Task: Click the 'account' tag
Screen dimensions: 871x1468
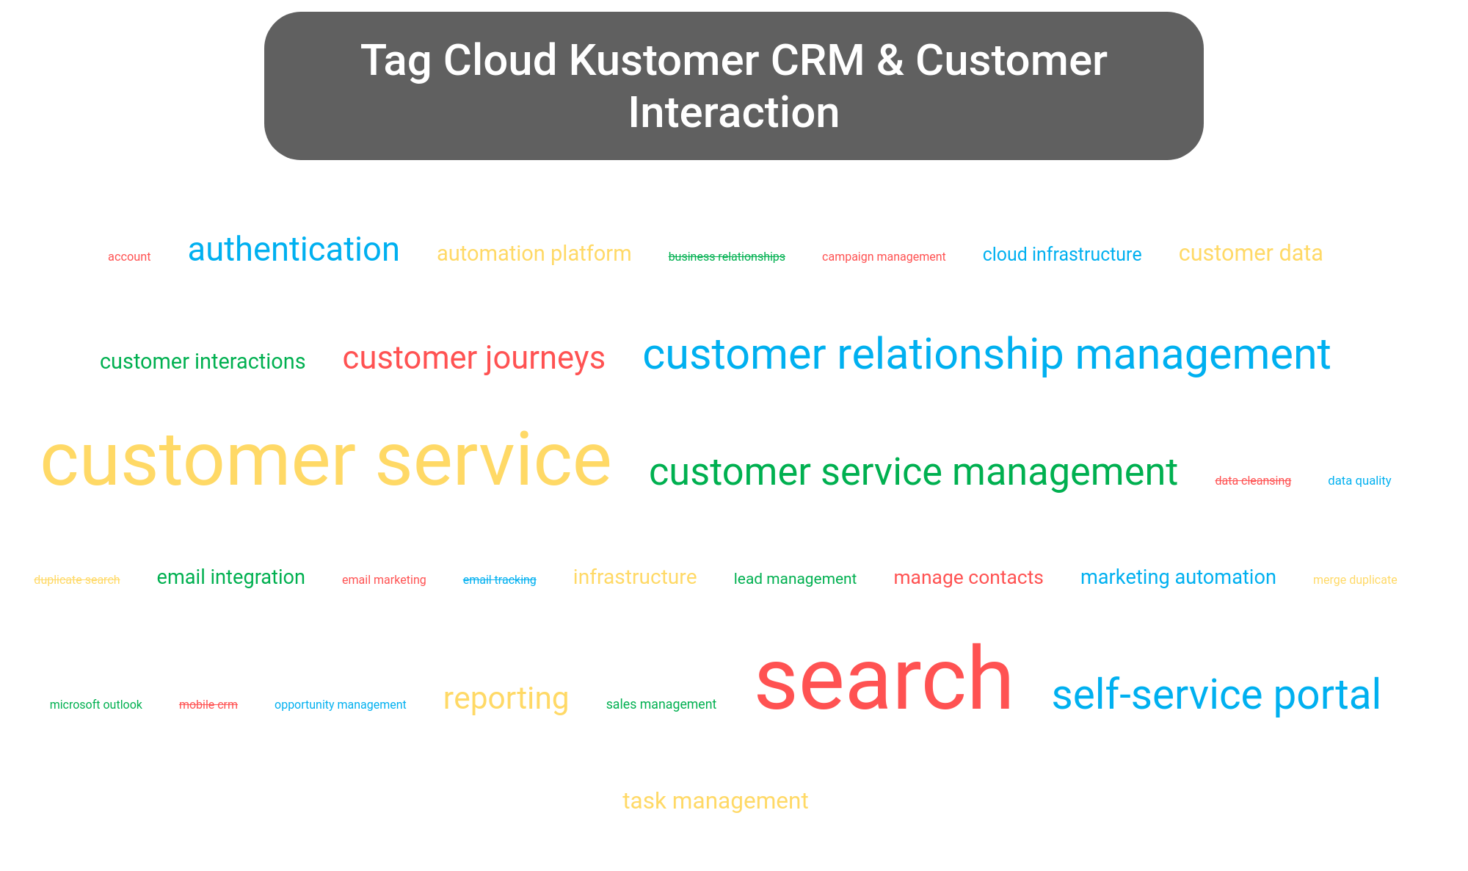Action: tap(129, 257)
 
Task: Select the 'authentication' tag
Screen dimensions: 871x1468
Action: tap(294, 250)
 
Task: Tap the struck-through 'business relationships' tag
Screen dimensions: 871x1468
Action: tap(727, 257)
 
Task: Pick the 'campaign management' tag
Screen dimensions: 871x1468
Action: tap(884, 257)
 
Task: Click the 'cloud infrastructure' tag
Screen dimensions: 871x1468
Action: tap(1062, 255)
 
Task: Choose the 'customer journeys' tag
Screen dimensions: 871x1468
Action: tap(474, 358)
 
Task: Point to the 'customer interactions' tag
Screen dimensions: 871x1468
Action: tap(203, 361)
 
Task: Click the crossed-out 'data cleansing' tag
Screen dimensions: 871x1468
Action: tap(1253, 481)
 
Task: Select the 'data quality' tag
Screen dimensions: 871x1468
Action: tap(1359, 481)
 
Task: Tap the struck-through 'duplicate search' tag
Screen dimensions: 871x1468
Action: tap(77, 580)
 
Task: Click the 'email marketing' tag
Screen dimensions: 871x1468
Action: tap(384, 580)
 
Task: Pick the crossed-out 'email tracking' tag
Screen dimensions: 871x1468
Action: tap(500, 580)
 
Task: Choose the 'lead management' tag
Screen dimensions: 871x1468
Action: tap(795, 579)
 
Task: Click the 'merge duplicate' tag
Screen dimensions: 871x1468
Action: tap(1355, 580)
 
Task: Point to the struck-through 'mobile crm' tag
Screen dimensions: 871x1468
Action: tap(208, 705)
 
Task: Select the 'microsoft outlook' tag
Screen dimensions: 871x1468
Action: tap(96, 705)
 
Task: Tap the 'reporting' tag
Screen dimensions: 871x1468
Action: tap(506, 698)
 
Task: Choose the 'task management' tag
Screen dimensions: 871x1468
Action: tap(716, 801)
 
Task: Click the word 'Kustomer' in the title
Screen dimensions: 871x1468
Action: tap(664, 60)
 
